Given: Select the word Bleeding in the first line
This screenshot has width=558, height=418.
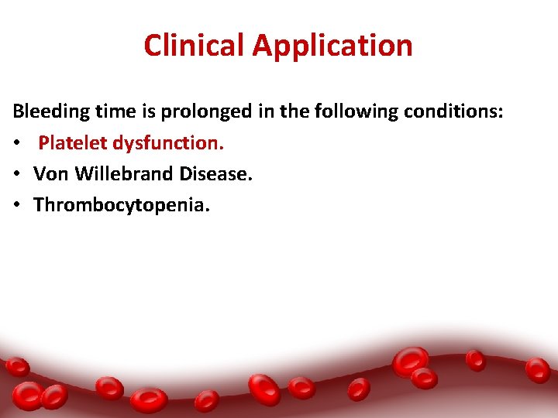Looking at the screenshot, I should [x=49, y=112].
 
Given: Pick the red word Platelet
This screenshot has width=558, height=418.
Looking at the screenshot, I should [x=73, y=143].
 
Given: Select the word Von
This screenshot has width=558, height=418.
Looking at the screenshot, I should [x=51, y=174].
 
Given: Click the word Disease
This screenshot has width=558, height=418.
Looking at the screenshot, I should [x=215, y=174].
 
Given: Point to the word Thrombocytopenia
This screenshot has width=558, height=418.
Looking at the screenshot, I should [x=120, y=205].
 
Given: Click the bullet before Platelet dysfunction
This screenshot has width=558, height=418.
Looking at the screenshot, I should [x=17, y=144].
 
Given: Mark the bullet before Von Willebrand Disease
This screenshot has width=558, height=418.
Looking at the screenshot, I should [x=17, y=175].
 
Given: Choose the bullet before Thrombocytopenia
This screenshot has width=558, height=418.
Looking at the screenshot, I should [x=17, y=206].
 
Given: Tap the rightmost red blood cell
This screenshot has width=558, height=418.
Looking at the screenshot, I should [x=538, y=369].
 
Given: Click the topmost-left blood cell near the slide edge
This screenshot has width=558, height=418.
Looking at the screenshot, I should [x=16, y=366].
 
